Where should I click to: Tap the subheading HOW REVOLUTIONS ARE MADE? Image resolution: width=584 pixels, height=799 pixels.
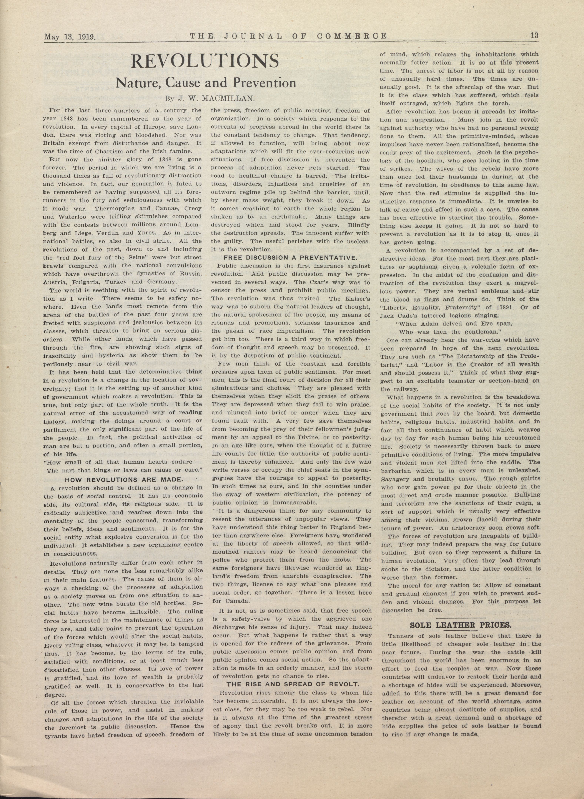click(123, 480)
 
